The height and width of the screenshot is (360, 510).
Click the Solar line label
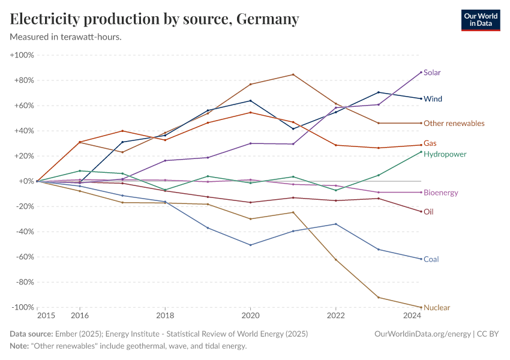tap(432, 73)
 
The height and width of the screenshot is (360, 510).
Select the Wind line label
tap(433, 98)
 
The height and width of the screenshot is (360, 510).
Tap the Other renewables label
tap(454, 124)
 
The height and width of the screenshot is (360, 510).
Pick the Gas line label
tap(430, 143)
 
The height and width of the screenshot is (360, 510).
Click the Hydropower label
tap(445, 154)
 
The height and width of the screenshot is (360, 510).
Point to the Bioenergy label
tap(440, 193)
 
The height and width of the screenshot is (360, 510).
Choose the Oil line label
tap(428, 212)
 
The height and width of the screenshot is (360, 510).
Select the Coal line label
tap(431, 259)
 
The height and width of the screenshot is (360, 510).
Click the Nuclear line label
tap(436, 308)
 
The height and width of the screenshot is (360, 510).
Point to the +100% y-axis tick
tap(22, 55)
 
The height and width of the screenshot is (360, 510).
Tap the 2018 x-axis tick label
tap(165, 316)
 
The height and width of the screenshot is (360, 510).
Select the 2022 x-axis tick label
tap(335, 316)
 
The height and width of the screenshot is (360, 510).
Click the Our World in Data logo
tap(480, 20)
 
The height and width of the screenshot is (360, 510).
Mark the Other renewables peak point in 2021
tap(293, 74)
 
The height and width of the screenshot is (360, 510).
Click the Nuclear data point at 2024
tap(421, 307)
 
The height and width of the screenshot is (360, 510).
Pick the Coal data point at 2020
tap(250, 245)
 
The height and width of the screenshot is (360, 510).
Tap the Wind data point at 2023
tap(378, 92)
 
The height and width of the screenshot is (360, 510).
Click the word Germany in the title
tap(268, 19)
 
